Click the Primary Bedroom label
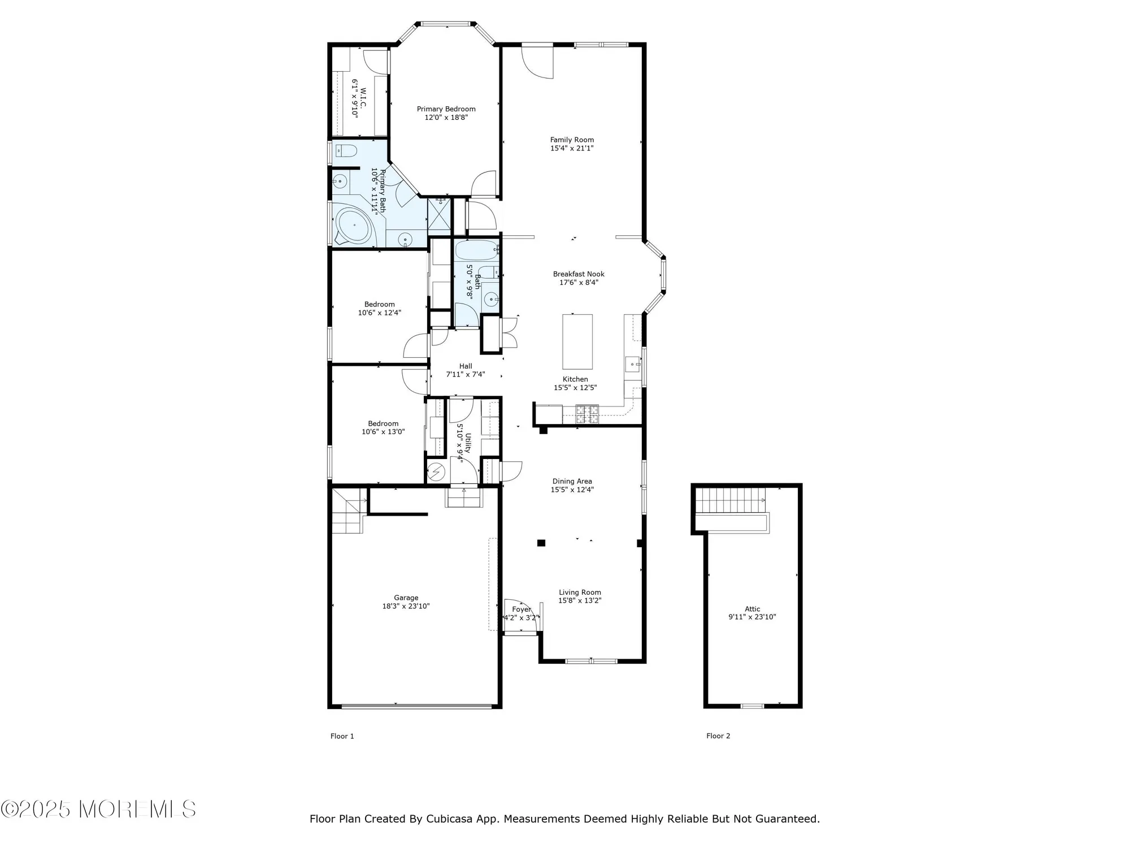[x=446, y=109]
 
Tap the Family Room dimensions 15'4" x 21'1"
[x=572, y=148]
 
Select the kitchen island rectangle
[x=577, y=341]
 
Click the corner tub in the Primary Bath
[x=354, y=227]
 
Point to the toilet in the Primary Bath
[x=346, y=151]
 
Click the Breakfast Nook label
[x=579, y=274]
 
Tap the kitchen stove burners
[x=586, y=414]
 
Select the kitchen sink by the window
[x=632, y=364]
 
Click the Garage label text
[x=406, y=598]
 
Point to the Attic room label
[x=752, y=609]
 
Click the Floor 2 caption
[x=718, y=735]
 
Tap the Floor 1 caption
[x=342, y=736]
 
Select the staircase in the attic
[x=730, y=500]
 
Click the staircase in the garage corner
[x=346, y=512]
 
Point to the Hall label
[x=466, y=366]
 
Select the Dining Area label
[x=572, y=482]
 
